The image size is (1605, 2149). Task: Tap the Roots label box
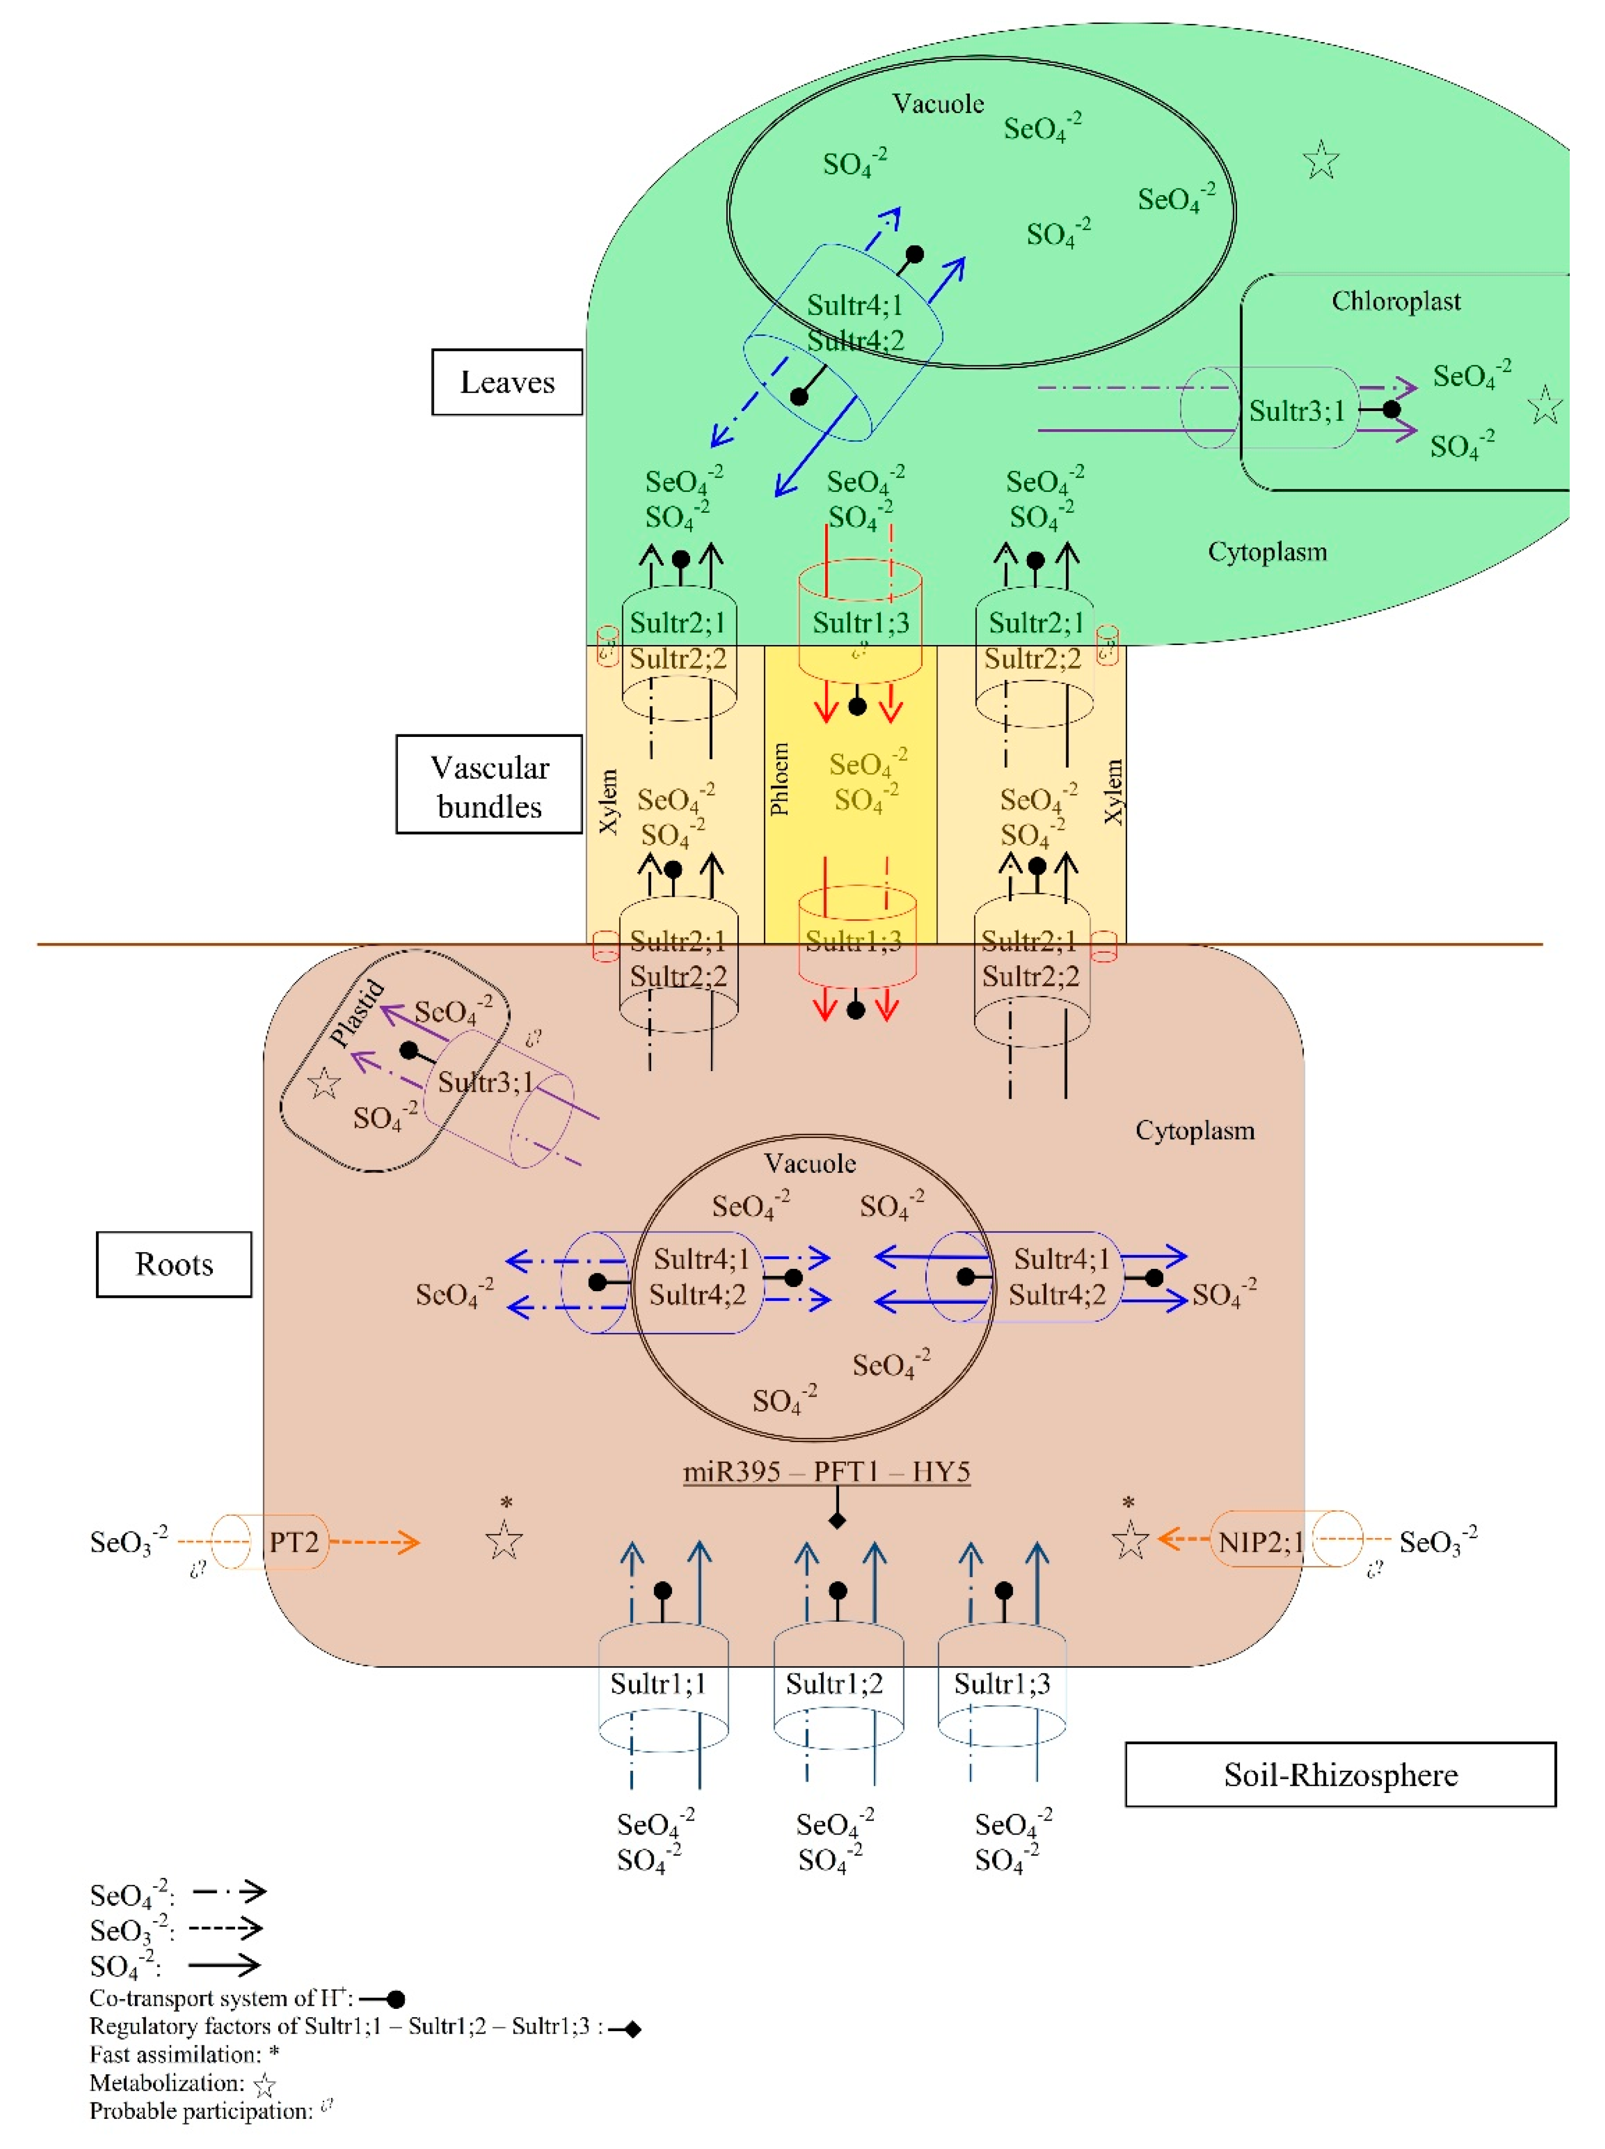click(x=174, y=1264)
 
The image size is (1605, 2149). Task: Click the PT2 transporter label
click(x=293, y=1542)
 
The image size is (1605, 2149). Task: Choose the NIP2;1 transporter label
click(x=1260, y=1542)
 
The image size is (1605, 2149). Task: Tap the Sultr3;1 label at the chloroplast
click(x=1296, y=411)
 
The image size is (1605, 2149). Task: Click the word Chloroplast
click(x=1395, y=301)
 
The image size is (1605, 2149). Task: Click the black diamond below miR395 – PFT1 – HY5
click(x=836, y=1520)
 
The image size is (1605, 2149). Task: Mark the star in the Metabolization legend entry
click(x=264, y=2085)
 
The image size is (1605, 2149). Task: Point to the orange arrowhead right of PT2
click(x=411, y=1542)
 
